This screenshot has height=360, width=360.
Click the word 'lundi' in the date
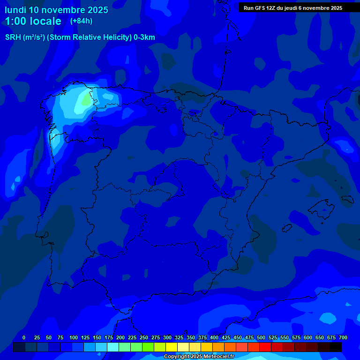click(15, 10)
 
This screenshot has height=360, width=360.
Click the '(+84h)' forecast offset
click(81, 21)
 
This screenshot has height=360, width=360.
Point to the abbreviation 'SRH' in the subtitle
click(13, 37)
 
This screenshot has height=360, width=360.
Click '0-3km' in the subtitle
click(144, 37)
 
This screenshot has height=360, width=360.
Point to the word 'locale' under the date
click(45, 21)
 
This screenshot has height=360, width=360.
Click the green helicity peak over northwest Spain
click(86, 100)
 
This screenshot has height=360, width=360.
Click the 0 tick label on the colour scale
click(24, 337)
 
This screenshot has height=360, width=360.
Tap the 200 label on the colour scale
click(120, 337)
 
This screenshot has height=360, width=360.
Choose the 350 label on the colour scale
click(191, 337)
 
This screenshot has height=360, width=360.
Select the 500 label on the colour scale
click(261, 337)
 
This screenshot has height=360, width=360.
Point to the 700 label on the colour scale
click(343, 337)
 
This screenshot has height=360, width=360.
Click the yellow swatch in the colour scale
click(172, 347)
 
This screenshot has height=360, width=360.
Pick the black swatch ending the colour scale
click(336, 347)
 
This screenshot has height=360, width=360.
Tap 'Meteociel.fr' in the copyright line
click(218, 357)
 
